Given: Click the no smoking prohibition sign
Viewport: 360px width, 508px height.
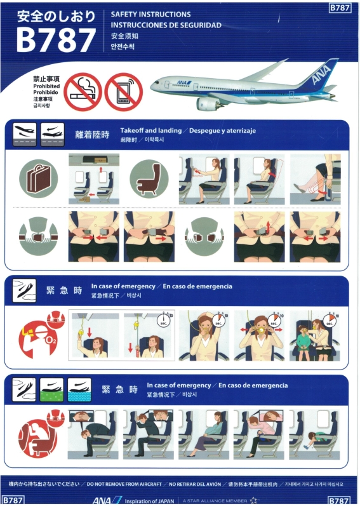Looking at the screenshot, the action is [83, 91].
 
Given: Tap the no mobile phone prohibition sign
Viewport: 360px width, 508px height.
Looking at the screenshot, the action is [123, 91].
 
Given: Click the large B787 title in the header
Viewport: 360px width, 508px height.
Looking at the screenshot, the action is [57, 41].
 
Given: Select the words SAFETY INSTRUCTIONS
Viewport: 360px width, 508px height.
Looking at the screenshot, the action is [150, 14].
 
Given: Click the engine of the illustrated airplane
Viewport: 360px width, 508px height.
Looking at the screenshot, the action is [208, 104].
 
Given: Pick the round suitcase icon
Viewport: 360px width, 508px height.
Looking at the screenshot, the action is [38, 178].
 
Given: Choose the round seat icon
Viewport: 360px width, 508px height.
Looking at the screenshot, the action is [149, 178].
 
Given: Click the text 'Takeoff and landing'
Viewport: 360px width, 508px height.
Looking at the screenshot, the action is [150, 131].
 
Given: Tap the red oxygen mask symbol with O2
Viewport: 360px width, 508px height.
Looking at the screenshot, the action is [39, 337].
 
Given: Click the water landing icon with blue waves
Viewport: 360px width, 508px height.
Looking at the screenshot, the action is [79, 390].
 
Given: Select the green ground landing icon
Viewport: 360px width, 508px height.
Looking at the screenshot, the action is [51, 390].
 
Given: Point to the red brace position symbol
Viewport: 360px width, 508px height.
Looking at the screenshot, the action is [39, 434].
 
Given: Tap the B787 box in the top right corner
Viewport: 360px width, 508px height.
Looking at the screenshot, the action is [340, 8].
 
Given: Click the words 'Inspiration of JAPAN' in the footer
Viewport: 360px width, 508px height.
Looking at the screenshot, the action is [149, 501].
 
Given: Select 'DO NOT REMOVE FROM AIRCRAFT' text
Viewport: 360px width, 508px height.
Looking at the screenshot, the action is [124, 484].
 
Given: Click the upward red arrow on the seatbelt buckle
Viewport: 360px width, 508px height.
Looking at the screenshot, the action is [269, 227].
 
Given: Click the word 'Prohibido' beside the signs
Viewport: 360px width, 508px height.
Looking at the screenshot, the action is [46, 92].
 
